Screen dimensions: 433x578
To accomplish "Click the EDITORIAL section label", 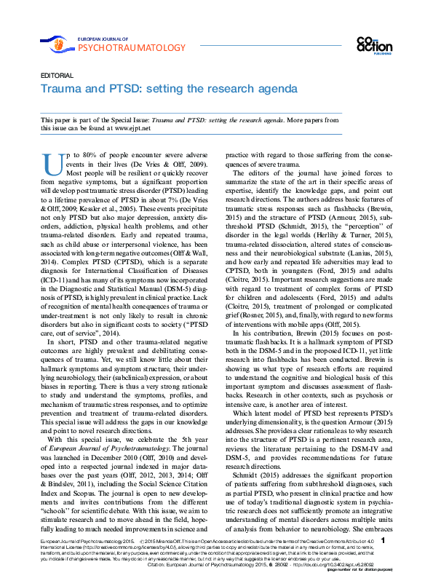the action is (56, 76).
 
